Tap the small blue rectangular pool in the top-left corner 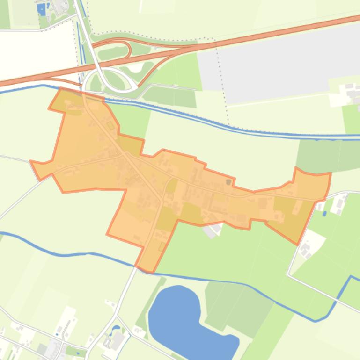coord(41,9)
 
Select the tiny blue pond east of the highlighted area coord(324,214)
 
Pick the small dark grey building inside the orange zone coord(228,181)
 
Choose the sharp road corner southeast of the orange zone coord(288,275)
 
